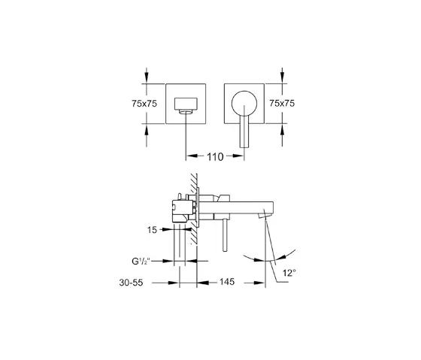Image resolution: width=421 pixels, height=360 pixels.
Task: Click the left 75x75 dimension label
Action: [144, 104]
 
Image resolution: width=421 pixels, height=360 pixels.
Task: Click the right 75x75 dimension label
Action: [282, 103]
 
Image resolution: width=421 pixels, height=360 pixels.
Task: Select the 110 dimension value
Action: [215, 157]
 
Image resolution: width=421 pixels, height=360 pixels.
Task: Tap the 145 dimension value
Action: [227, 282]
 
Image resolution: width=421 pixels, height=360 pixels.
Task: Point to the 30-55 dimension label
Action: [131, 283]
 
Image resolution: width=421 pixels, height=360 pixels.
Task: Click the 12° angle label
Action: [289, 273]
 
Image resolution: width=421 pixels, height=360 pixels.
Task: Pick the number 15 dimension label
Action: [152, 230]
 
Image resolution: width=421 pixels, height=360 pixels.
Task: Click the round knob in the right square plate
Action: [244, 104]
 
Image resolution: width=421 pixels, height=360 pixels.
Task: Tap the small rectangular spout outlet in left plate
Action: [186, 104]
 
